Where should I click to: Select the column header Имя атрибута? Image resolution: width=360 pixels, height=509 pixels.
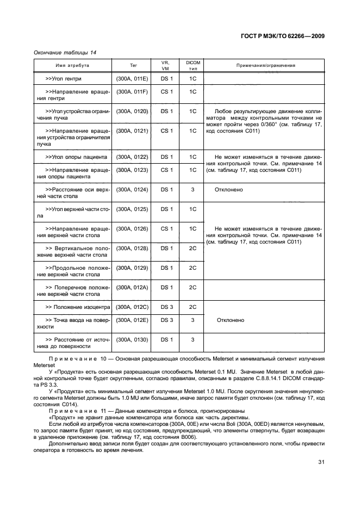(72, 65)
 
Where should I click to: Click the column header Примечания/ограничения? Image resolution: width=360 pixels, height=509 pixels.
(265, 65)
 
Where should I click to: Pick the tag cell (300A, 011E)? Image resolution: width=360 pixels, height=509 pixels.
(132, 79)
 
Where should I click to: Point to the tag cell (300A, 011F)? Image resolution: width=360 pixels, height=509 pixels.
(132, 91)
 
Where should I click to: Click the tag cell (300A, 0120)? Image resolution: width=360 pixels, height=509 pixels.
(132, 111)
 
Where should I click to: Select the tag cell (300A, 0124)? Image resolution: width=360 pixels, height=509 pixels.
(132, 189)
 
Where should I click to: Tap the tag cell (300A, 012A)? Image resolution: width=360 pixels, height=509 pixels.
(132, 287)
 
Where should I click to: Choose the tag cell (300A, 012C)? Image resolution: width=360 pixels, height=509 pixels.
(132, 307)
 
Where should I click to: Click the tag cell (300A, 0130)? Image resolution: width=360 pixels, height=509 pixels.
(132, 339)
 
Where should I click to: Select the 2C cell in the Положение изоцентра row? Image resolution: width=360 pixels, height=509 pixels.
(193, 307)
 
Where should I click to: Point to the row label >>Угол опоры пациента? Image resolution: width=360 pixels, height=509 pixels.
(74, 157)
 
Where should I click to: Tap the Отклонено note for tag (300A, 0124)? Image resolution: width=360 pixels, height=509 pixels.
(229, 189)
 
